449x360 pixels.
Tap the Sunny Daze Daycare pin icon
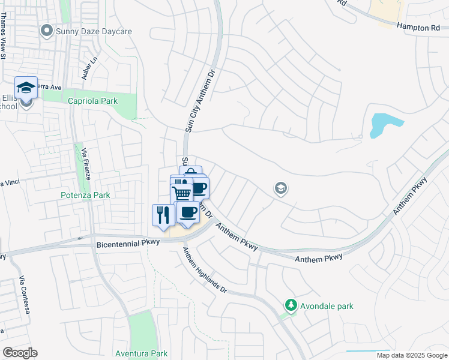(46, 30)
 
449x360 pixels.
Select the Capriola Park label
(92, 101)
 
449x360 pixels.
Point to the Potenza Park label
(85, 195)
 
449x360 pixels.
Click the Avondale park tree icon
(291, 305)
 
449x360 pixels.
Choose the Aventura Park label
(142, 353)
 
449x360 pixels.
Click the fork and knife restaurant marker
(163, 215)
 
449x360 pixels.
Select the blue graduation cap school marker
(26, 88)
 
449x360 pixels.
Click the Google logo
(20, 353)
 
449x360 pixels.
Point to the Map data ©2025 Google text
(411, 355)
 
